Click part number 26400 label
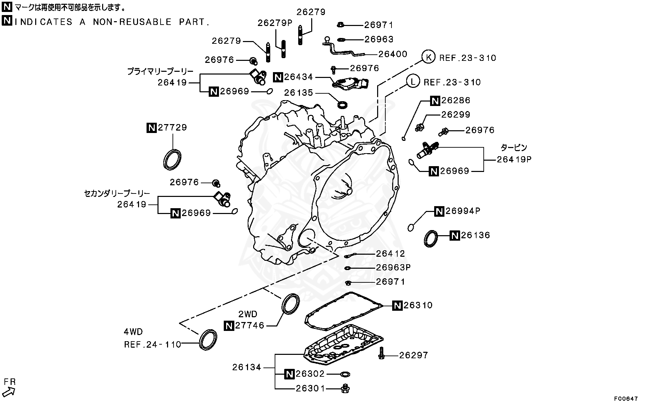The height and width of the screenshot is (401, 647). pyautogui.click(x=393, y=54)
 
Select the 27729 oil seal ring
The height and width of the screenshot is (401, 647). pyautogui.click(x=171, y=159)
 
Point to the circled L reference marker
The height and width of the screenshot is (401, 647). pyautogui.click(x=413, y=82)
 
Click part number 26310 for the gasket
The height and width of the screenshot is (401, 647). pyautogui.click(x=418, y=305)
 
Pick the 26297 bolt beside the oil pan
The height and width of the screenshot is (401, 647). pyautogui.click(x=381, y=353)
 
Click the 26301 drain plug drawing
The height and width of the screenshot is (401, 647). pyautogui.click(x=345, y=388)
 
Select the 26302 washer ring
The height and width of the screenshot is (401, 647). pyautogui.click(x=345, y=374)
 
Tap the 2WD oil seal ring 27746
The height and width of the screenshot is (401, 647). pyautogui.click(x=290, y=303)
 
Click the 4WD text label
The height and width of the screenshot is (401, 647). pyautogui.click(x=133, y=332)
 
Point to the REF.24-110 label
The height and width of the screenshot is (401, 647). pyautogui.click(x=152, y=344)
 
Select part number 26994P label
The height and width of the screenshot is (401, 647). pyautogui.click(x=463, y=211)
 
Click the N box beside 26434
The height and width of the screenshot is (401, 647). pyautogui.click(x=278, y=77)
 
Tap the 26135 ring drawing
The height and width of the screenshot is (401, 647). pyautogui.click(x=343, y=104)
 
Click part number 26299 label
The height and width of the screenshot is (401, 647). pyautogui.click(x=455, y=114)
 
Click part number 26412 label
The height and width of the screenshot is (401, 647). pyautogui.click(x=390, y=253)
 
